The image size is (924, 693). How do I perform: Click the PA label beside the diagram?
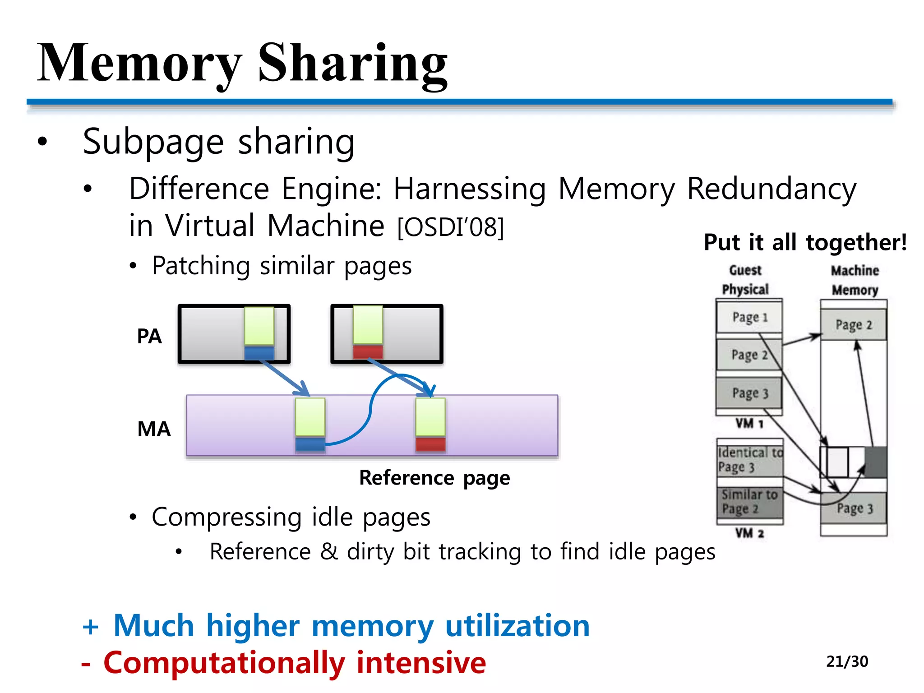click(x=149, y=336)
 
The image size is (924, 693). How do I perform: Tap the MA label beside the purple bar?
click(x=154, y=429)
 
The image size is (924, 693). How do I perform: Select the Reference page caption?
click(x=434, y=478)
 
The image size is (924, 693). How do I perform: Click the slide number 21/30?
click(x=847, y=661)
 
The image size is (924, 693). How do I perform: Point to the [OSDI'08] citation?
click(x=450, y=227)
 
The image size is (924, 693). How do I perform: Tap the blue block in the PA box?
click(x=259, y=353)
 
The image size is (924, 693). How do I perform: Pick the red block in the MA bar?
click(x=430, y=444)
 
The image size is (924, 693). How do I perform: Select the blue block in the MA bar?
click(x=310, y=444)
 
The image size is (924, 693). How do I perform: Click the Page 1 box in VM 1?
click(x=749, y=317)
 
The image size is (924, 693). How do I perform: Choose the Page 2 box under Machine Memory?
click(x=853, y=325)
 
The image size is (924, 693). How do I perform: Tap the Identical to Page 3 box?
click(x=750, y=460)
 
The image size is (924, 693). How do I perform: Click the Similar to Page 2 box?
click(x=750, y=502)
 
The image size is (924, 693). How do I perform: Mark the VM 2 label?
click(x=749, y=533)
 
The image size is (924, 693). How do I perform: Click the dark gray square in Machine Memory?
click(x=876, y=462)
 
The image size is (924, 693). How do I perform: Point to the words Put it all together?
click(x=805, y=243)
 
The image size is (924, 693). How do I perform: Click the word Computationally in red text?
click(x=224, y=663)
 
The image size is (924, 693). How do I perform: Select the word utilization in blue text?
click(x=517, y=626)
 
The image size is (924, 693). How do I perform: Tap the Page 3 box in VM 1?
click(x=749, y=393)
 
